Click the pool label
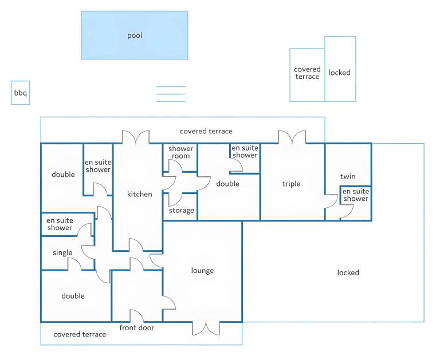(x=135, y=35)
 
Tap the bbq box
(x=21, y=93)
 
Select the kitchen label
(x=139, y=194)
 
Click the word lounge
(x=202, y=271)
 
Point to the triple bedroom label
(x=291, y=184)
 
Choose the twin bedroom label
(x=348, y=176)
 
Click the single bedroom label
(x=62, y=252)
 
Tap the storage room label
(x=182, y=211)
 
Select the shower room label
(x=180, y=152)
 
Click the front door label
(x=137, y=327)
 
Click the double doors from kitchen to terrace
(x=136, y=137)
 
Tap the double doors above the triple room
(x=292, y=137)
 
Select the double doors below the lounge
(x=206, y=329)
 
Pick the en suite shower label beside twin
(x=356, y=195)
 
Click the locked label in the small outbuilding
(x=340, y=73)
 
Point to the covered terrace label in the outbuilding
(x=307, y=73)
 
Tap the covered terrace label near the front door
(x=80, y=334)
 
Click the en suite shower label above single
(x=60, y=224)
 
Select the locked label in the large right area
(x=348, y=272)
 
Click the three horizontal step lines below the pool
(x=171, y=94)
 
